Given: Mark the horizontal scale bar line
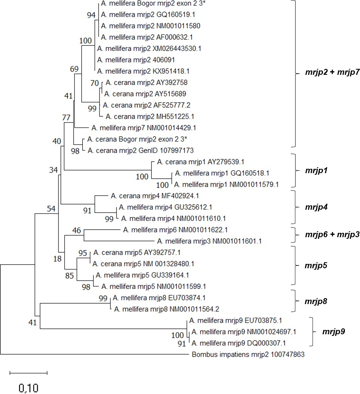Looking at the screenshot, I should pos(28,373).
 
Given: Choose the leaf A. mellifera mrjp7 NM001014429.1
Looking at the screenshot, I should pos(144,128).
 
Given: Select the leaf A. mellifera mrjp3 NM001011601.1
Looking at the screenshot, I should pos(209,241).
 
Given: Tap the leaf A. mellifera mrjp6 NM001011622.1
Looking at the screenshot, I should pos(175,230).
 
